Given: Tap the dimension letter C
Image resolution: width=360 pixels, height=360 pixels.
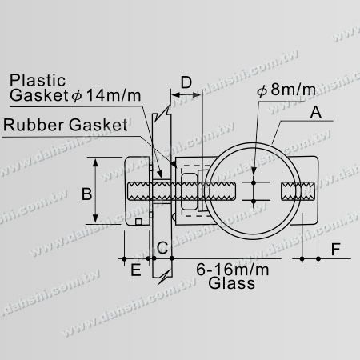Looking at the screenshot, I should [162, 248].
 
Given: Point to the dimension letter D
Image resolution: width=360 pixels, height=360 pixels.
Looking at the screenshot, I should [186, 82].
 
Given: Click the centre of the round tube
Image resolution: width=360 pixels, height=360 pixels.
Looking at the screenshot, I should [254, 193].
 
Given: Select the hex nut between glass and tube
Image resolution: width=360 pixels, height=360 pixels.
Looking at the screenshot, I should [190, 193].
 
